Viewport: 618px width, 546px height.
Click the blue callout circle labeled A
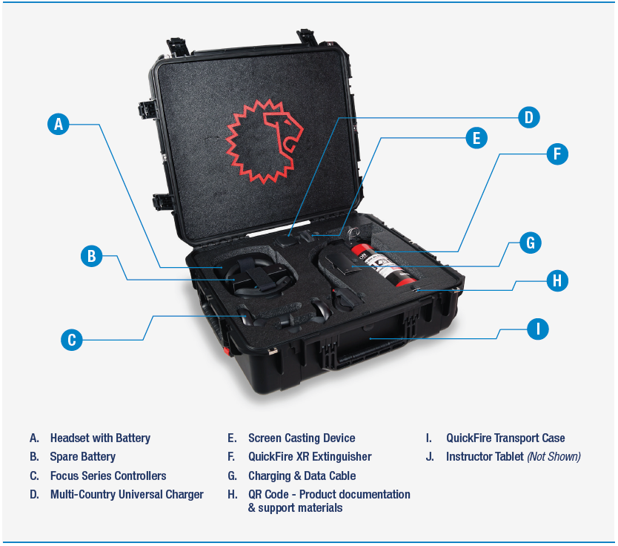(x=59, y=125)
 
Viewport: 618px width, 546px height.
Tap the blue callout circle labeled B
(x=91, y=256)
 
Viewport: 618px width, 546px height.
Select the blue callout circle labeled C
(x=72, y=340)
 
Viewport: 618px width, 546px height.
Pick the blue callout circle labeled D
(x=528, y=117)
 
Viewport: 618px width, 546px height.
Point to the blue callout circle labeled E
(x=476, y=138)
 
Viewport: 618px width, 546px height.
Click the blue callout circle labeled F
(x=557, y=154)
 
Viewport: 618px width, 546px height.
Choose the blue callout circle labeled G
(x=530, y=243)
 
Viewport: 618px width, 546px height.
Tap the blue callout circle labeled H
(x=557, y=280)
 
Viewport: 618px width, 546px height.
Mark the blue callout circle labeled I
(x=538, y=329)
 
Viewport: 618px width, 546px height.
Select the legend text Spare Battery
(x=83, y=457)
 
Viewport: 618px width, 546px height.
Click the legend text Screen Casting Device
(x=302, y=438)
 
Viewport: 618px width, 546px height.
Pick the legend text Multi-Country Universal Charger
(x=127, y=495)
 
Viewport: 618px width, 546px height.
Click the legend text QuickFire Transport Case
(x=505, y=438)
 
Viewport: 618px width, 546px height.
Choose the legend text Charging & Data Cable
(x=302, y=476)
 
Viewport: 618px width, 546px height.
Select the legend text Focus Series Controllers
(x=108, y=476)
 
